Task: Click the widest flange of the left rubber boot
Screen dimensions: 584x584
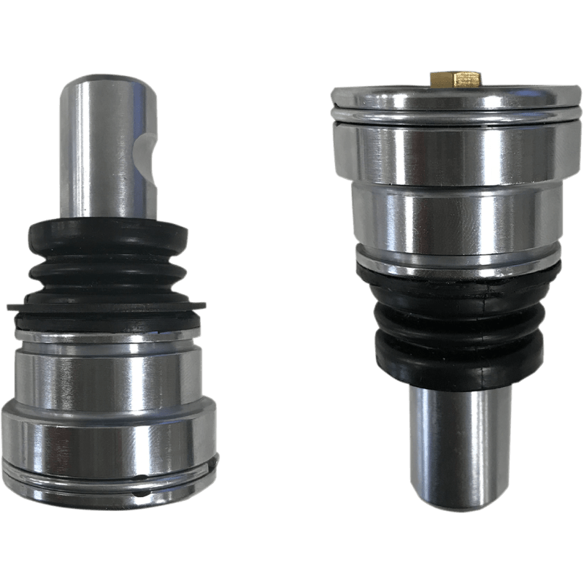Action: (106, 307)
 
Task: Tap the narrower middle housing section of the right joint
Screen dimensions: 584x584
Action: (457, 215)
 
